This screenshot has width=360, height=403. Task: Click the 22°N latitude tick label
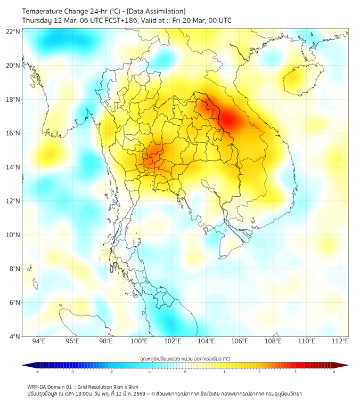tap(13, 31)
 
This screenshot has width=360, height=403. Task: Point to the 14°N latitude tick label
tap(13, 167)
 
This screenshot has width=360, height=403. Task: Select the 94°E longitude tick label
tap(39, 342)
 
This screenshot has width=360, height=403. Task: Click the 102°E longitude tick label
tap(173, 342)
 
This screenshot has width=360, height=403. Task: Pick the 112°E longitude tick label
tap(340, 342)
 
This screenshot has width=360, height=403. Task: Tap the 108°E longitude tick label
tap(273, 342)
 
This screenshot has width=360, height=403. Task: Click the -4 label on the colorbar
tap(37, 372)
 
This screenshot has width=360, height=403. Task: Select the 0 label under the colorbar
tap(185, 372)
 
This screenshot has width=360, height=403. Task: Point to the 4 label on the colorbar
tap(334, 372)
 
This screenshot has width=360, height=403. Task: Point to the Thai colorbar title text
tap(185, 358)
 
